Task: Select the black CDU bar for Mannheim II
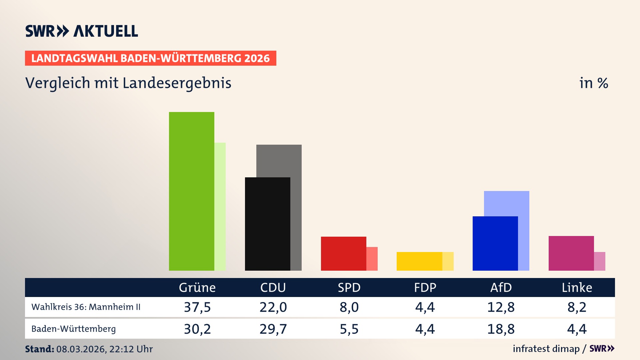(267, 224)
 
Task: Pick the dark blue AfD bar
(495, 243)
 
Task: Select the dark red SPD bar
(343, 253)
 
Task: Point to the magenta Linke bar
(571, 253)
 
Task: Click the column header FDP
(425, 288)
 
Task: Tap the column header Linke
(577, 288)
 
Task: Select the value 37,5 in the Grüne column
(197, 307)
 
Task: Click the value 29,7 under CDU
(273, 329)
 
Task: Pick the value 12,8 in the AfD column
(501, 307)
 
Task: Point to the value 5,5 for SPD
(349, 329)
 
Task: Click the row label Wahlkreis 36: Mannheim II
(86, 307)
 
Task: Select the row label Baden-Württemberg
(73, 329)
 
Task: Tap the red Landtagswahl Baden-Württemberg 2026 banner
(150, 58)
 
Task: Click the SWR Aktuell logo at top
(81, 31)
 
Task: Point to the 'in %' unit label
(593, 83)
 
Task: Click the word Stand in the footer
(39, 349)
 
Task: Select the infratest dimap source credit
(546, 349)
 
